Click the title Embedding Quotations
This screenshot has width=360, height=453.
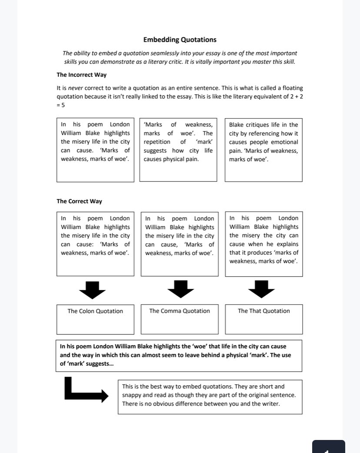click(x=180, y=40)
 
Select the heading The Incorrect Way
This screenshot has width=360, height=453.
click(x=81, y=75)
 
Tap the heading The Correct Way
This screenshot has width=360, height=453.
click(x=79, y=201)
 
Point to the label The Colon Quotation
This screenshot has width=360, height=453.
click(x=95, y=311)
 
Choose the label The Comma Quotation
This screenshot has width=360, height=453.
click(x=179, y=311)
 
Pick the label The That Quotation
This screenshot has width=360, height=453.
click(x=263, y=311)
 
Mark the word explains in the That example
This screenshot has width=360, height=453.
click(x=287, y=244)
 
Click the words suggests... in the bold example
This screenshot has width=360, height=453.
click(x=98, y=364)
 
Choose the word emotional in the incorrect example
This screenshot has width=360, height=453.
click(x=284, y=142)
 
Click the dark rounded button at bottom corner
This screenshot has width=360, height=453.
click(x=328, y=447)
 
